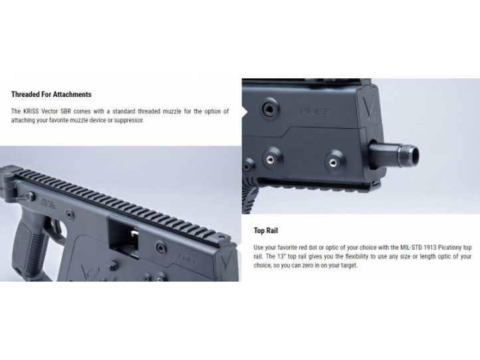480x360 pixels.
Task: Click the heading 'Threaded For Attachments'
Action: (51, 94)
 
